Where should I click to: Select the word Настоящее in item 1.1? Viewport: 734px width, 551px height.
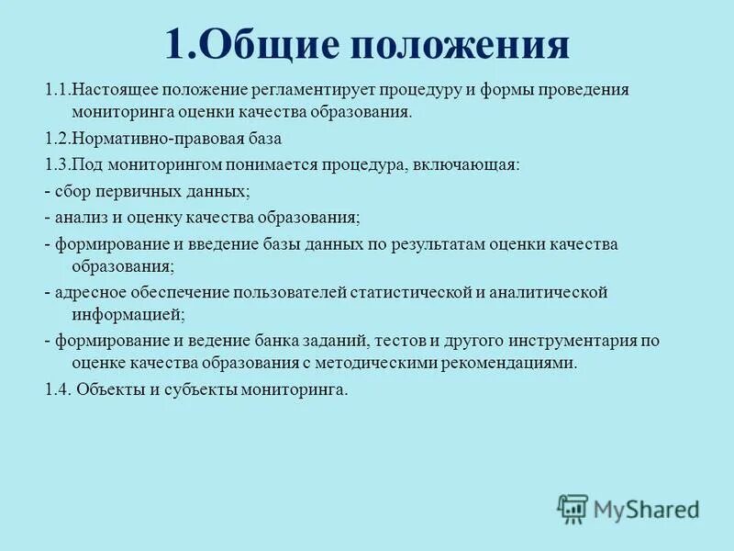pyautogui.click(x=111, y=90)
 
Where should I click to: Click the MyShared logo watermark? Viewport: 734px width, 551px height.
pyautogui.click(x=628, y=508)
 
